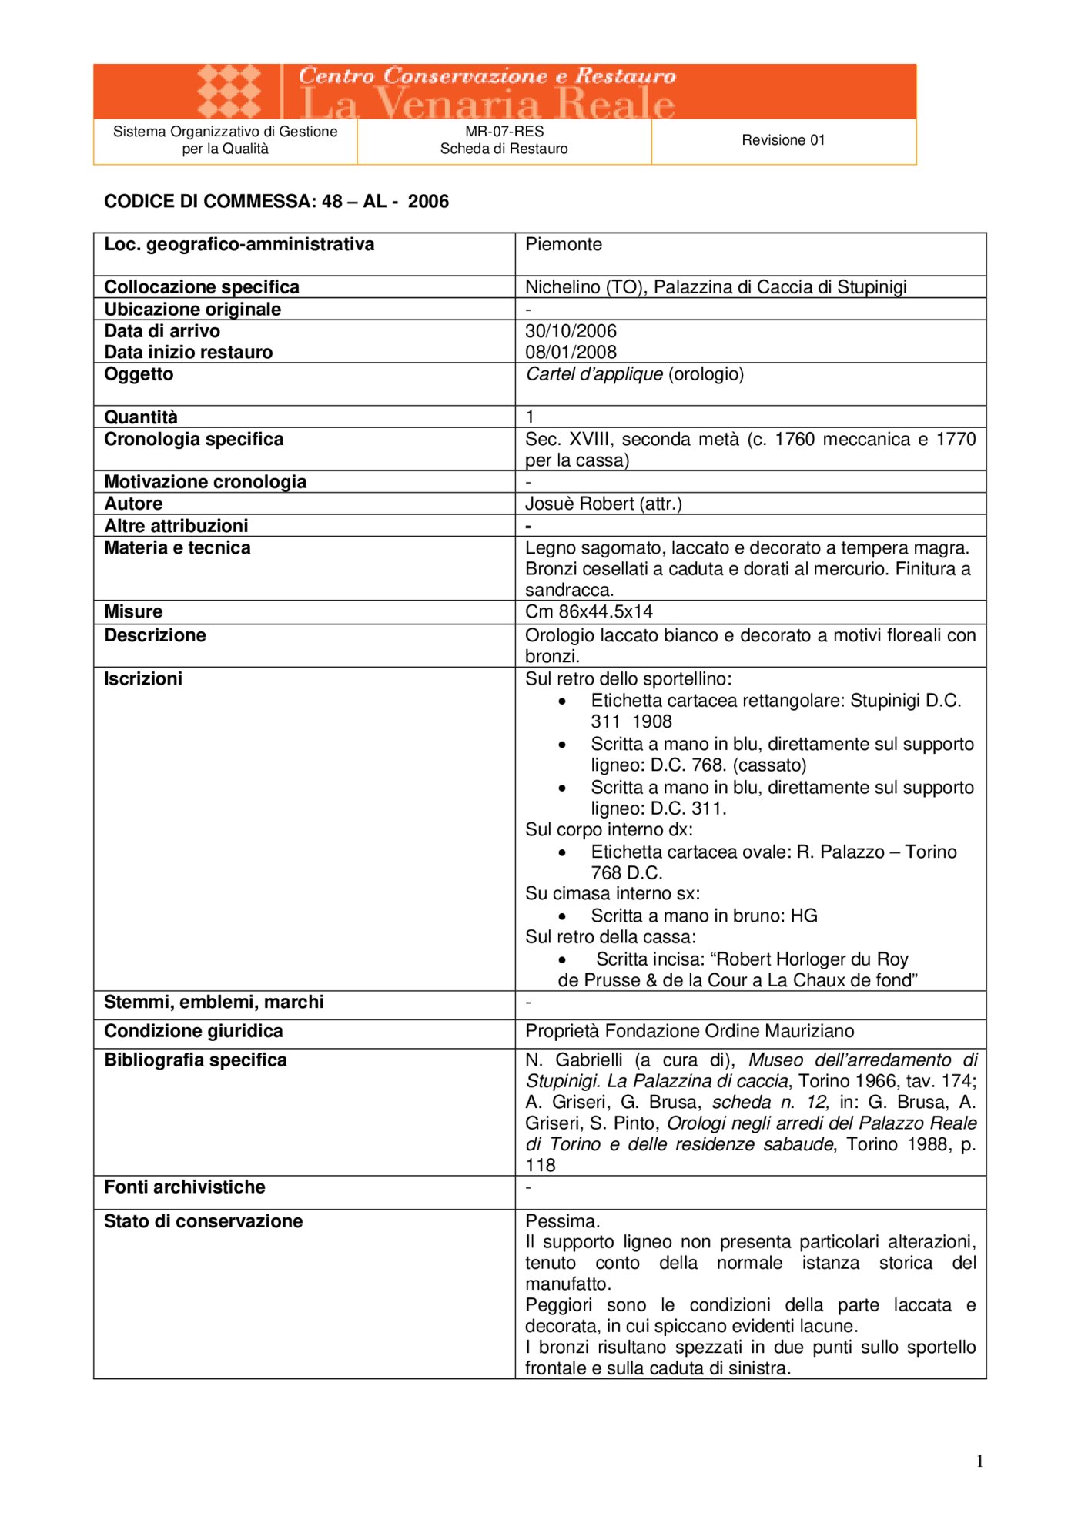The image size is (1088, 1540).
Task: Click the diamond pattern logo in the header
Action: (229, 91)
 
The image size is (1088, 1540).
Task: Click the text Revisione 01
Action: (783, 140)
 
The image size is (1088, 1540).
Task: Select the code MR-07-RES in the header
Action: (504, 132)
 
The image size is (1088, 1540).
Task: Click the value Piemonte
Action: (564, 245)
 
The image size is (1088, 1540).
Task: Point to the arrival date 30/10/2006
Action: (571, 331)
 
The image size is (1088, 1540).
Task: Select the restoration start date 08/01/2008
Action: (571, 353)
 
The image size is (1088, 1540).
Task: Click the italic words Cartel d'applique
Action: (594, 374)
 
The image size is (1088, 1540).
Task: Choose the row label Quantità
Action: (141, 417)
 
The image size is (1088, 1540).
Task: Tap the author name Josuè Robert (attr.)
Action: (604, 504)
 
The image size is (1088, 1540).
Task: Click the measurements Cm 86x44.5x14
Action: (589, 611)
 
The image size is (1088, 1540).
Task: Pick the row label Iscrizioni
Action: (143, 678)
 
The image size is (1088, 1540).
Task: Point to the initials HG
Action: (804, 916)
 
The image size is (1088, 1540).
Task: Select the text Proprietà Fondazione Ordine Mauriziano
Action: (690, 1031)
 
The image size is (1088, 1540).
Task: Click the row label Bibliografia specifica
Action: (196, 1060)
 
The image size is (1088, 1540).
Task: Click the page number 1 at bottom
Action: (979, 1461)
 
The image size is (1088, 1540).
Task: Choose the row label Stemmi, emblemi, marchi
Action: (214, 1002)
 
